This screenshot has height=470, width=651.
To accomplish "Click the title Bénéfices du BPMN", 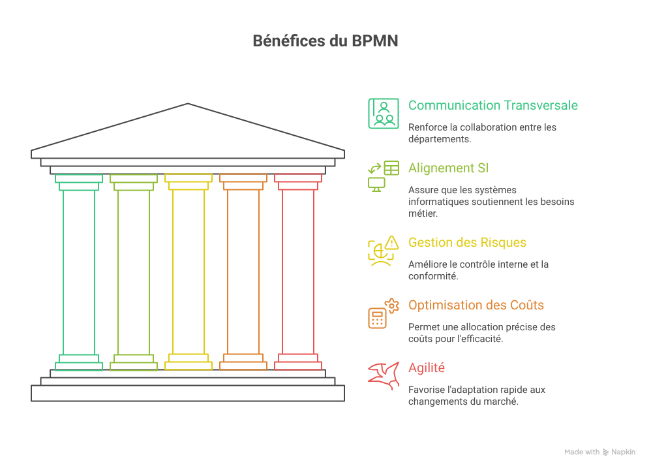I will tap(325, 40).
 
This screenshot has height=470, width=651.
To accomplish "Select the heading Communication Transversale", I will tap(492, 105).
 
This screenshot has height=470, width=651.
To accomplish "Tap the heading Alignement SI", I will tap(448, 168).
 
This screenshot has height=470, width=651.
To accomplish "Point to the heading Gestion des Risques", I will tap(467, 243).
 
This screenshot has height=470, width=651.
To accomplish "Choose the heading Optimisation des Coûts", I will tap(476, 305).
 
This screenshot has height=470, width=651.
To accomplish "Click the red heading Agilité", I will tap(427, 368).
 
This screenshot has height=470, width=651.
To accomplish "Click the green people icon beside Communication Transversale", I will tap(383, 113).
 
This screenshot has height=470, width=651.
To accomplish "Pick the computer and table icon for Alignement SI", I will tap(383, 176).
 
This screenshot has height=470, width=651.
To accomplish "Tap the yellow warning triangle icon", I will tap(391, 243).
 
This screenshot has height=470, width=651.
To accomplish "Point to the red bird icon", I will tap(383, 376).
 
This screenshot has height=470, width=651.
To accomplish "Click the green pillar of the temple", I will tap(79, 272).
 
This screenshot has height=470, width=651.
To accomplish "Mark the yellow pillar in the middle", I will tap(189, 272).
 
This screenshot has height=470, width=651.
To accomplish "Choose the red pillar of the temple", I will tap(298, 272).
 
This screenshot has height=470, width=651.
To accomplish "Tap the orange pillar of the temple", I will tap(243, 272).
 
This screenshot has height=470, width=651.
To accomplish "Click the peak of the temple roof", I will tap(188, 104).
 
